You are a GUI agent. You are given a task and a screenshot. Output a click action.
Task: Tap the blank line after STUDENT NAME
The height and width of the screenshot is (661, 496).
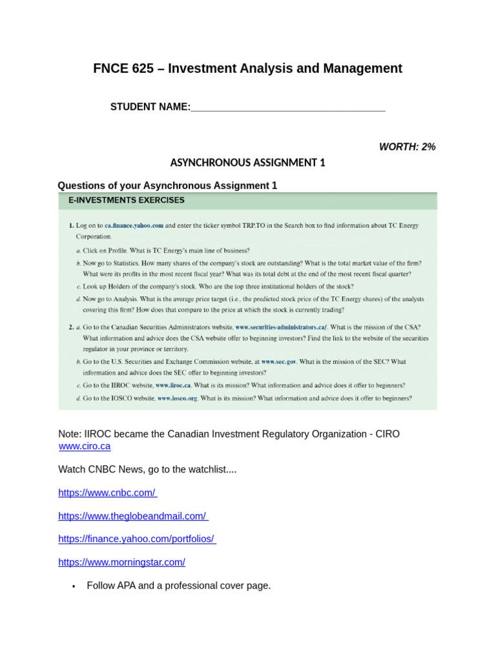point(287,107)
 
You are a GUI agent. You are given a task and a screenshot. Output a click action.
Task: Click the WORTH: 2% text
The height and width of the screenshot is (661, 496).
point(407,147)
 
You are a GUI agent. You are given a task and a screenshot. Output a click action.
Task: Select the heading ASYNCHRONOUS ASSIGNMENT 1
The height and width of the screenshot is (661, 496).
point(247,163)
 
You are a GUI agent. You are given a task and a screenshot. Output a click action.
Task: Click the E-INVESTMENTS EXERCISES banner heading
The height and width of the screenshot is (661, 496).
point(127,200)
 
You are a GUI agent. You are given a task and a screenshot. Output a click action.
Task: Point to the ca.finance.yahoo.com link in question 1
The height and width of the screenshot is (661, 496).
point(134,226)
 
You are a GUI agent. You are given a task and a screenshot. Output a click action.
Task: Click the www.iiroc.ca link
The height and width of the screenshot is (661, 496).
point(173,385)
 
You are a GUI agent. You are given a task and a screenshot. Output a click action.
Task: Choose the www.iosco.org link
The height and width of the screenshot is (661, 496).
point(177,398)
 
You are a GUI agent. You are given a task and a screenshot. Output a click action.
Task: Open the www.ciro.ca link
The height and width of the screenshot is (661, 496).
point(84,446)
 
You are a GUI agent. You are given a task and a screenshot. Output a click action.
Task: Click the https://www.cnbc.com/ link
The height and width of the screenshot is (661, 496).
point(107,493)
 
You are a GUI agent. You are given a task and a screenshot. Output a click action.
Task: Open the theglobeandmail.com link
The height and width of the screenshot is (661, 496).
point(133,516)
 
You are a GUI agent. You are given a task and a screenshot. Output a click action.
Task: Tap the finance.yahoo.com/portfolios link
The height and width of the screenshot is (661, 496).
point(137,539)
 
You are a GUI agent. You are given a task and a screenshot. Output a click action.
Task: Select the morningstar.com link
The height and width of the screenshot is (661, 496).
point(121,562)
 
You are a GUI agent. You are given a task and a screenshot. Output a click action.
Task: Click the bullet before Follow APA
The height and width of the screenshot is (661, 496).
point(74,586)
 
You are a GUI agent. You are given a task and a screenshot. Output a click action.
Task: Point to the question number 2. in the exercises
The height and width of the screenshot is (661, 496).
point(71,327)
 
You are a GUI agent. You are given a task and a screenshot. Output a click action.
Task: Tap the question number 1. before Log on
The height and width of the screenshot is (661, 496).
point(71,226)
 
